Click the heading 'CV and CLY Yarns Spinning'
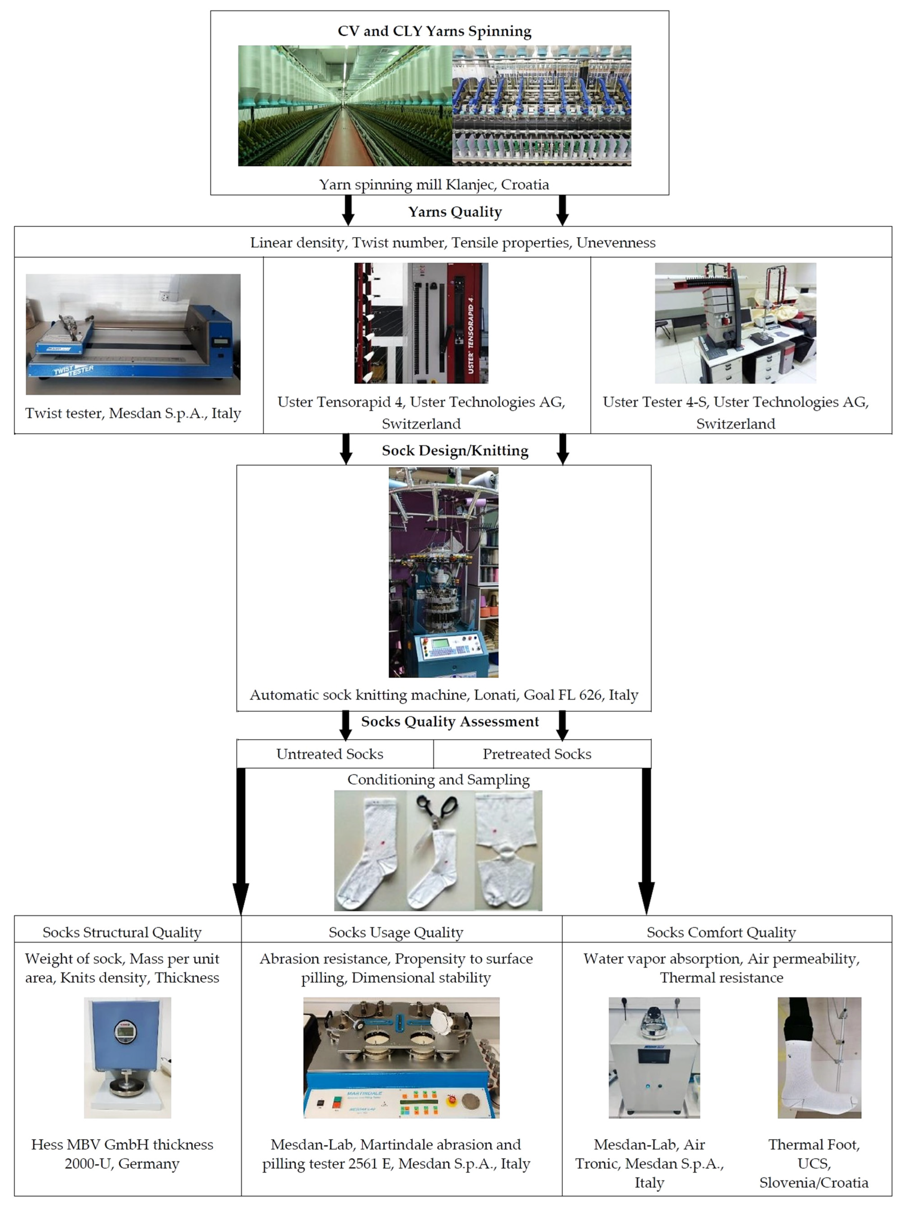click(434, 31)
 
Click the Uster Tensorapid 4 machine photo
click(421, 323)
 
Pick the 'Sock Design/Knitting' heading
click(455, 451)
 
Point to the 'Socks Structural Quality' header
click(122, 933)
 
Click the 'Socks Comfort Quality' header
click(721, 933)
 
